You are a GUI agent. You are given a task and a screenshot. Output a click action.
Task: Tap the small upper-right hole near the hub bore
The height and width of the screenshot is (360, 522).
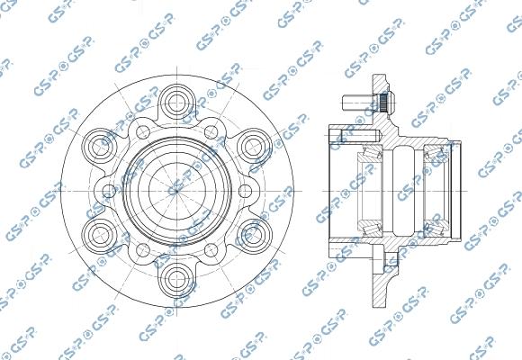[x=212, y=132]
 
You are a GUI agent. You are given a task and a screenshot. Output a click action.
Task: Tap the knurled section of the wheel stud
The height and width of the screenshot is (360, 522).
[x=382, y=98]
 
